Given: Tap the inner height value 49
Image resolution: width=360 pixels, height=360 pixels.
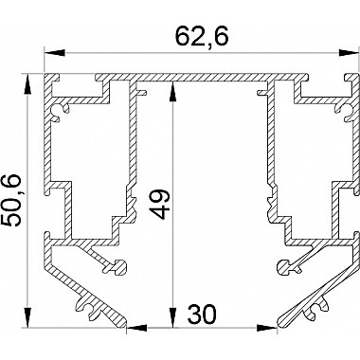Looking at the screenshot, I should (x=160, y=204).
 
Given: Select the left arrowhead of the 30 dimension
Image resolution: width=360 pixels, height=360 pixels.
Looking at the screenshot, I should (x=134, y=329).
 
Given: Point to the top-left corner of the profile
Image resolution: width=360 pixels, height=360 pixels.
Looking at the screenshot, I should (x=45, y=74).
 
